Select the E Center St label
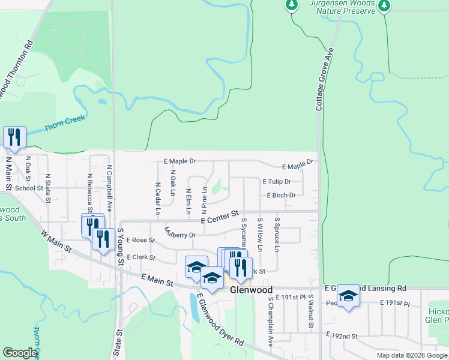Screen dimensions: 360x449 pyautogui.click(x=220, y=217)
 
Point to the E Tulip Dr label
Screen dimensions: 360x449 pyautogui.click(x=277, y=181)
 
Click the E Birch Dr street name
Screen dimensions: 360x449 pyautogui.click(x=281, y=195)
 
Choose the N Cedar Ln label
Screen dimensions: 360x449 pyautogui.click(x=157, y=199)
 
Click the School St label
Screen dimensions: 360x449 pyautogui.click(x=29, y=188)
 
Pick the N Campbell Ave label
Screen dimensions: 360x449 pyautogui.click(x=109, y=189)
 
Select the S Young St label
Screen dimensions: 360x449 pyautogui.click(x=120, y=247)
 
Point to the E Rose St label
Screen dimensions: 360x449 pyautogui.click(x=140, y=240)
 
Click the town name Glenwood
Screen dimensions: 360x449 pyautogui.click(x=252, y=290)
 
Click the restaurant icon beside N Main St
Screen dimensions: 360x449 pyautogui.click(x=14, y=137)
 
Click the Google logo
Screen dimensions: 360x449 pyautogui.click(x=20, y=353)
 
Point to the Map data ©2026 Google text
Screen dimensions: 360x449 pyautogui.click(x=412, y=355)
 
